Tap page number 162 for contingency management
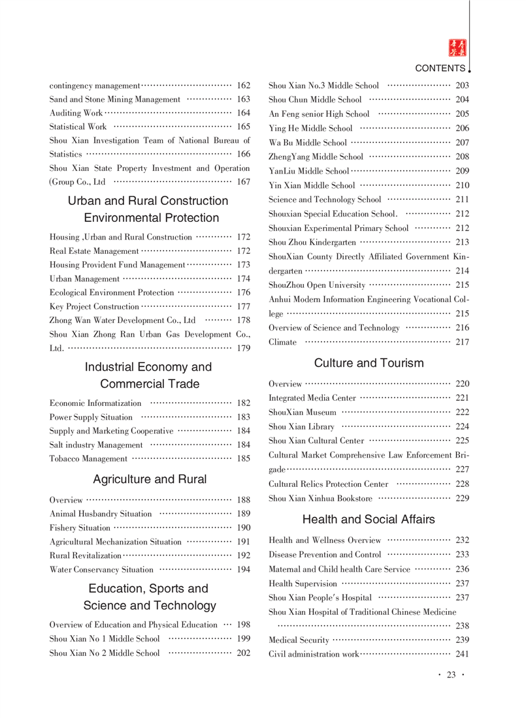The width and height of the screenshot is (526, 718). point(244,86)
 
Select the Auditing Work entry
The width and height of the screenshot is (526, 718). point(76,113)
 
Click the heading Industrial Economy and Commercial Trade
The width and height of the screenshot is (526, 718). point(148,375)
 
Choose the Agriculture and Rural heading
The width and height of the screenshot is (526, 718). point(150,480)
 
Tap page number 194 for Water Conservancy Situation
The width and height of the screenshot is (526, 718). point(244,569)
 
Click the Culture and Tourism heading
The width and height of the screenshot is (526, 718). point(369,363)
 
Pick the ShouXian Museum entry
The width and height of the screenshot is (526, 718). point(303,412)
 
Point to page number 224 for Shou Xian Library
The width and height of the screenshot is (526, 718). point(462,426)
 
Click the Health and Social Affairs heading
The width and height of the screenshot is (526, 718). point(369,520)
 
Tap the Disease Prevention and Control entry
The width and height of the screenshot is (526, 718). point(325,554)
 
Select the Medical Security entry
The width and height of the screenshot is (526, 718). point(299,640)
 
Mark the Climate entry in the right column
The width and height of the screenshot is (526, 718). point(282,342)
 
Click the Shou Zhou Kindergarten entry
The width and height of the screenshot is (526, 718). point(312,242)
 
